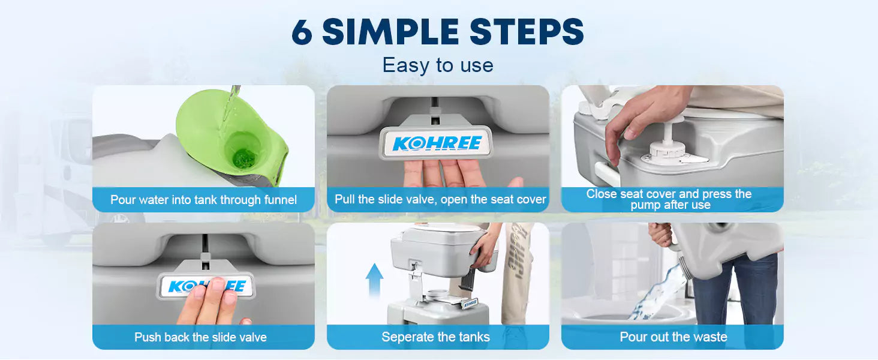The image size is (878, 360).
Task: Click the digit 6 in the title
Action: (x=302, y=32)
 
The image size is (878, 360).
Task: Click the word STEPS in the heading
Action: (x=527, y=32)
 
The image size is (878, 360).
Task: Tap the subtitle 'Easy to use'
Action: (x=438, y=65)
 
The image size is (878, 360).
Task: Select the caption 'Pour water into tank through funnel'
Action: (x=203, y=200)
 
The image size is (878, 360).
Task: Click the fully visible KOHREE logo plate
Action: (x=436, y=143)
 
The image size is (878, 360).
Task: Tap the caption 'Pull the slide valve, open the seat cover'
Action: (x=440, y=200)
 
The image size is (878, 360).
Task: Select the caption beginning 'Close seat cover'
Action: (x=669, y=199)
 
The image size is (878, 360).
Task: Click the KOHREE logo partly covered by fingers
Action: (x=206, y=286)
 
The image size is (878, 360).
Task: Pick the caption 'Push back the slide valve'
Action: (x=200, y=337)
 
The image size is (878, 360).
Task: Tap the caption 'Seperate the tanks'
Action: (x=435, y=337)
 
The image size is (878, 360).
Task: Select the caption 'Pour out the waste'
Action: (x=673, y=337)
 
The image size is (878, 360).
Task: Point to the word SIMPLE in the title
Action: (x=390, y=32)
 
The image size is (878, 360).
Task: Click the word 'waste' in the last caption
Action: (x=709, y=337)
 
